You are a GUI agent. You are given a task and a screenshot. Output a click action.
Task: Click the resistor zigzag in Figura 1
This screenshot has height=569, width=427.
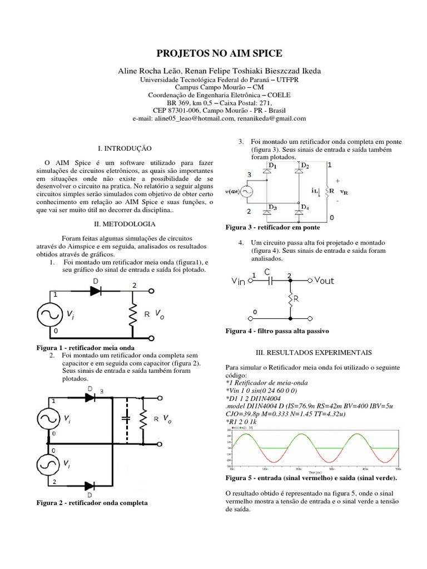click(x=133, y=315)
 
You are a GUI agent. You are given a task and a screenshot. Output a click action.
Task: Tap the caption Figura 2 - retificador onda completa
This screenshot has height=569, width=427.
click(x=92, y=502)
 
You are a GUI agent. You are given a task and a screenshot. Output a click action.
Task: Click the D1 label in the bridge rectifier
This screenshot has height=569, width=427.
click(x=272, y=166)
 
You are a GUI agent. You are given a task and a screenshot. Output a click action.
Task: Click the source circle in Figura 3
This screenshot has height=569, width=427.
click(x=245, y=192)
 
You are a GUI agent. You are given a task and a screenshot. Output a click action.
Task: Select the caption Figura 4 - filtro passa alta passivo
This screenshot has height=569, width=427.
click(x=277, y=331)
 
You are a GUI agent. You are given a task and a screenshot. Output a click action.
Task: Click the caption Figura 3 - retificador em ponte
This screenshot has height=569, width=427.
click(x=272, y=227)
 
